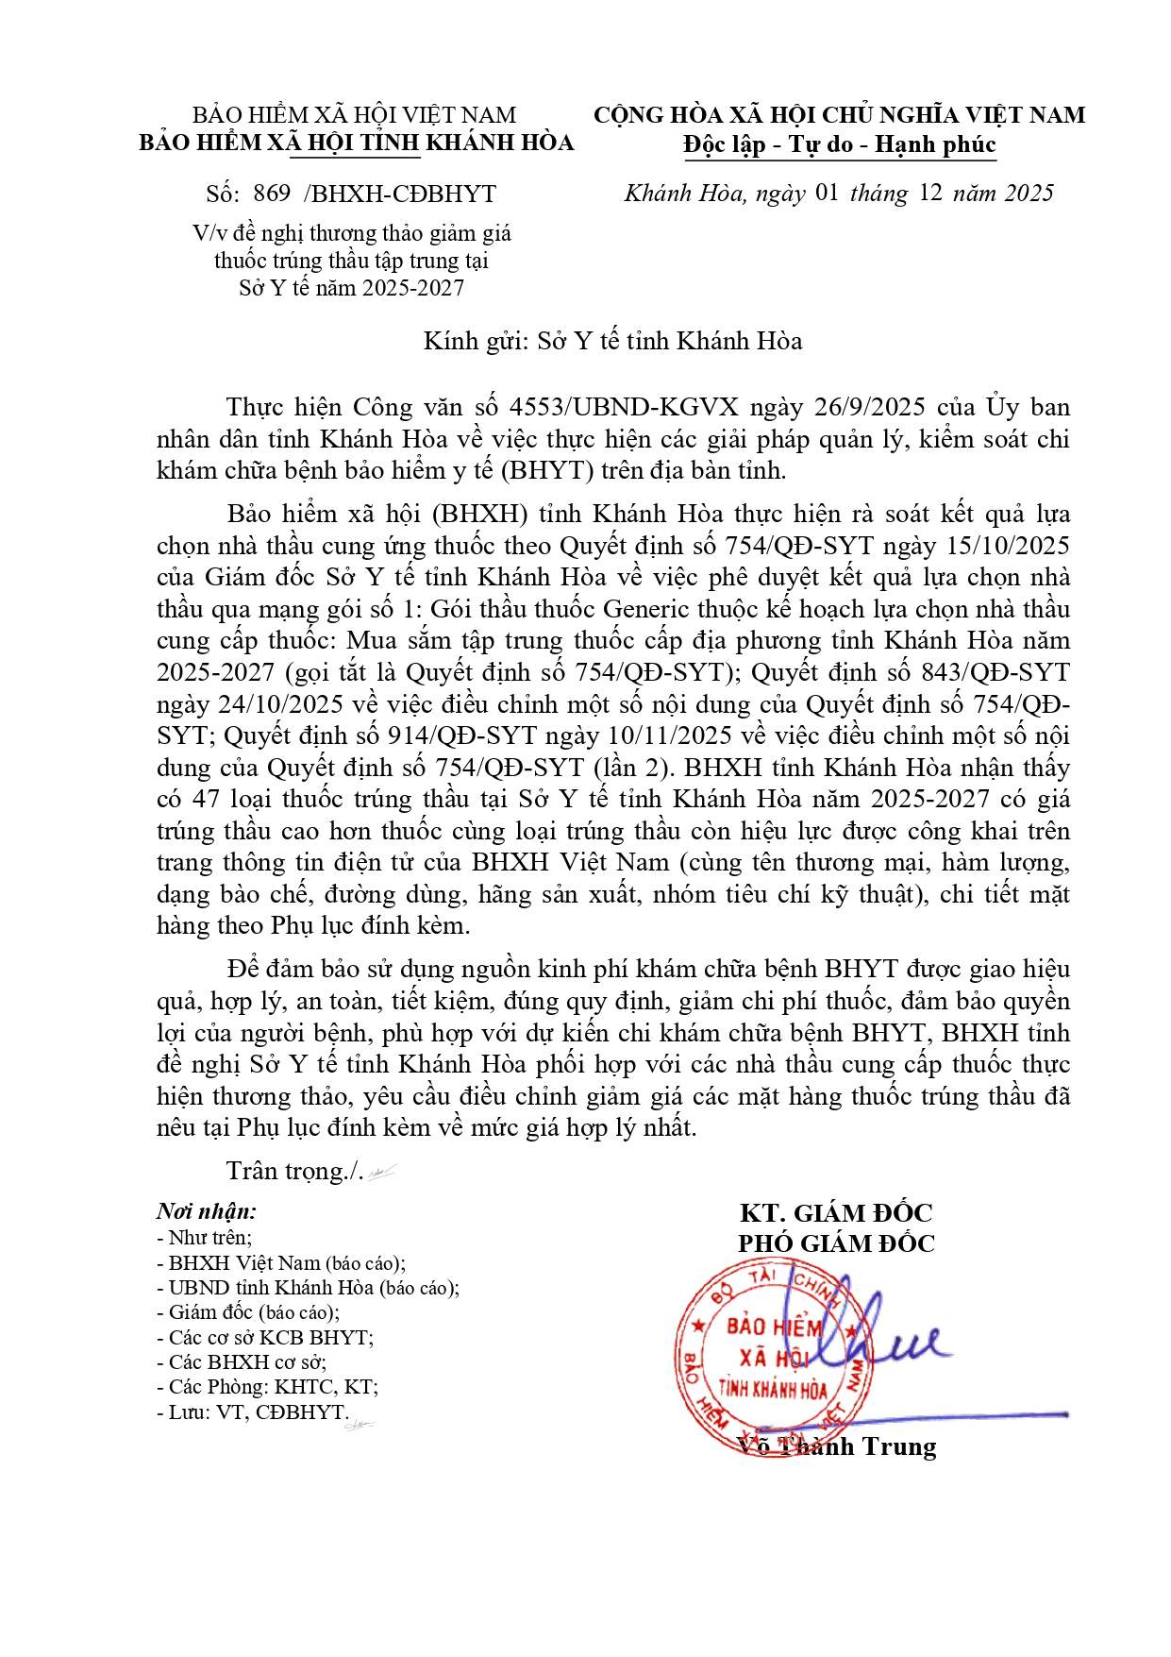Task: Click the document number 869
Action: (272, 194)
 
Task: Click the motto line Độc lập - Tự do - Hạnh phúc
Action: (839, 144)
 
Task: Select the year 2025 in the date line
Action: (1029, 194)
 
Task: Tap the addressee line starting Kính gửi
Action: (612, 341)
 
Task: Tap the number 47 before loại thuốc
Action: (206, 799)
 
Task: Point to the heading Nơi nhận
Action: (207, 1211)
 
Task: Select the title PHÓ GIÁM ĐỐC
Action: (836, 1243)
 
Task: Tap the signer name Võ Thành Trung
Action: (836, 1446)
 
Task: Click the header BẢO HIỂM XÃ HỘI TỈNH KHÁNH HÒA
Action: (356, 143)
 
